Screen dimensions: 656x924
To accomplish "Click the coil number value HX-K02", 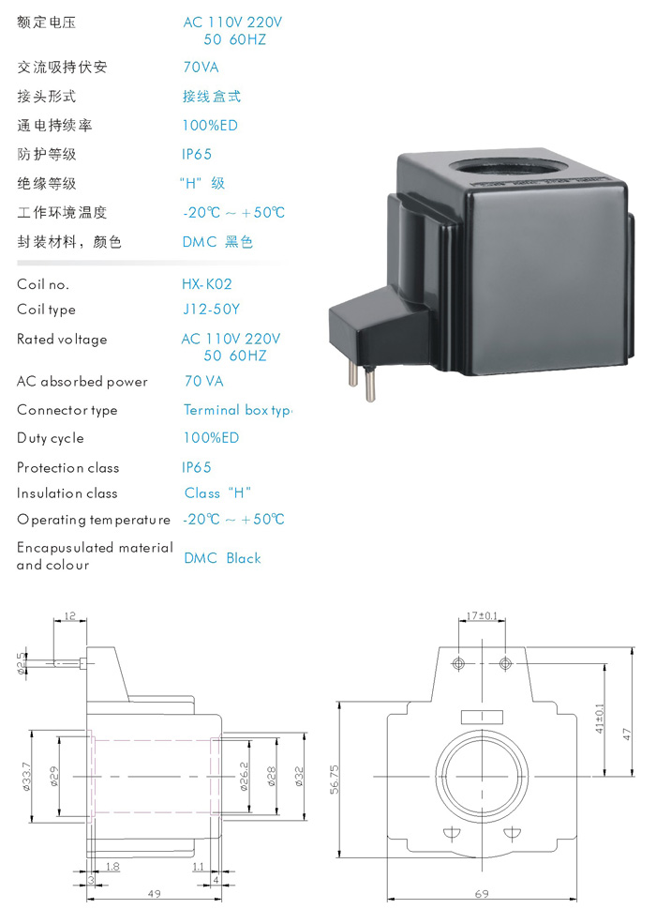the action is point(207,284).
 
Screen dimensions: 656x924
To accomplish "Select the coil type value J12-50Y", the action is point(211,310).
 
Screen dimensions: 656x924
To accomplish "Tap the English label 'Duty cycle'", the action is point(51,438).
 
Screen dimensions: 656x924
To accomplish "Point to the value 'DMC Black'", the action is point(223,558).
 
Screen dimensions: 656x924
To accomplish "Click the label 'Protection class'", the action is point(67,468).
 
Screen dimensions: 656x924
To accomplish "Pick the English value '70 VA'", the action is point(203,381).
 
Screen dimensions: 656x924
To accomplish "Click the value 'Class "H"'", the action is point(217,493).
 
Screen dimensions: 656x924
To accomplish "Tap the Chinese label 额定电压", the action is point(47,23).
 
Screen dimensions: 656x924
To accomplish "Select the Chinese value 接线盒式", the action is point(212,96).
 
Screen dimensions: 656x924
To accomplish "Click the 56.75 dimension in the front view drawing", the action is point(335,779).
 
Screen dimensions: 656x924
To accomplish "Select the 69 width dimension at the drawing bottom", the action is point(482,894).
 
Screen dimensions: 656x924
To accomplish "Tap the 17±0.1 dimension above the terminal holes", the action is point(482,615).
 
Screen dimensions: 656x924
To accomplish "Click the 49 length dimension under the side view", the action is point(155,894).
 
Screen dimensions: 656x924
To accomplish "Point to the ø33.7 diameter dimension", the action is point(27,777).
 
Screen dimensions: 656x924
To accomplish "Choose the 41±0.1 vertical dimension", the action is point(600,719).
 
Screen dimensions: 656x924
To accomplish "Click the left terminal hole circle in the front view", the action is point(458,663).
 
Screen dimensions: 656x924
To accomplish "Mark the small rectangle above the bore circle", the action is point(482,717).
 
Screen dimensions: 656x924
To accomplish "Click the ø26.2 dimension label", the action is point(244,776).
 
